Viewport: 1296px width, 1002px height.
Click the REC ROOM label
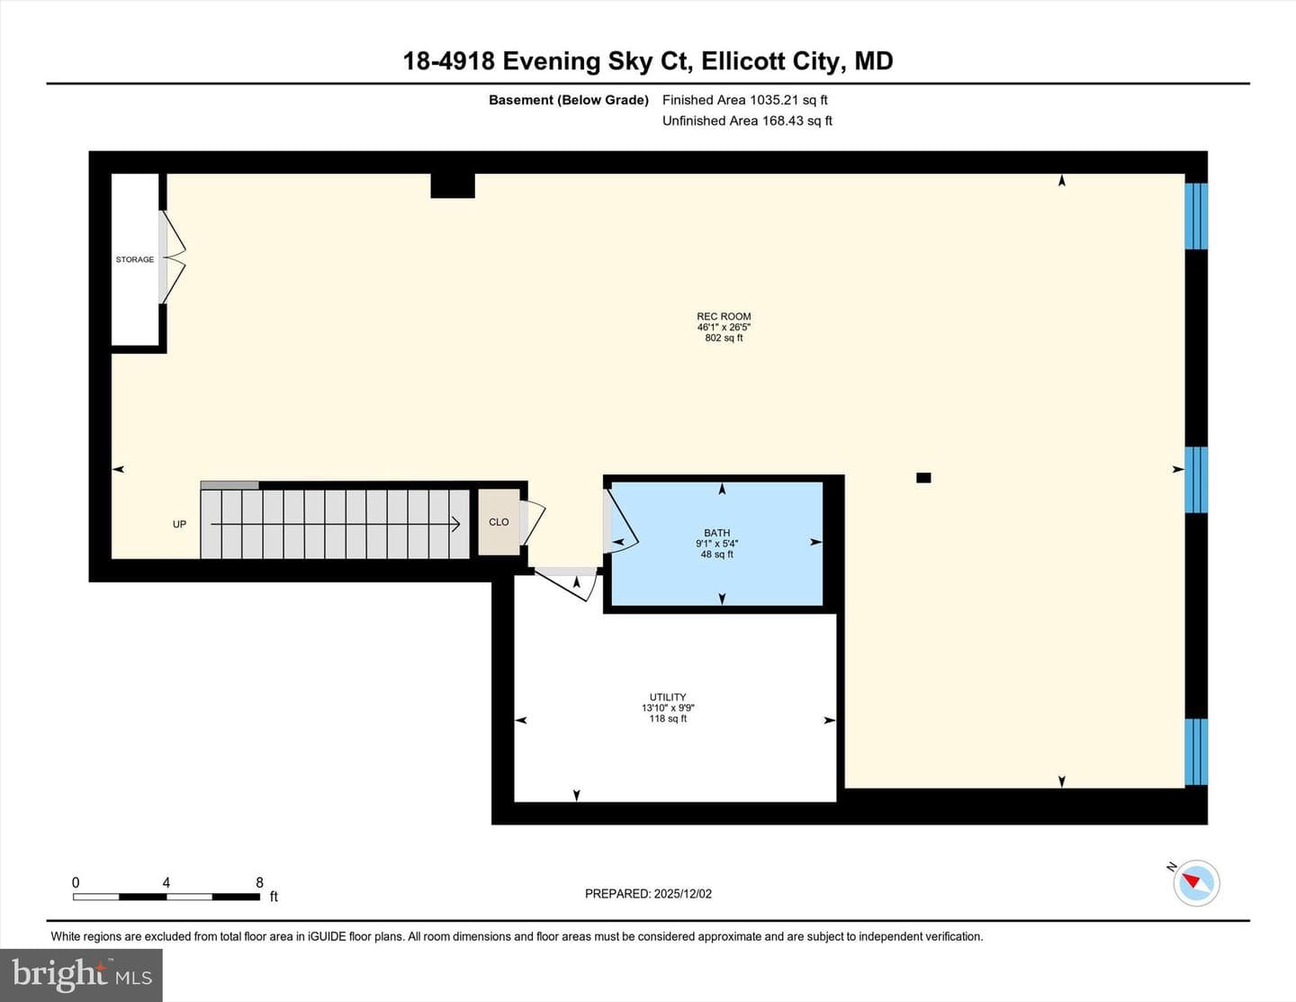(x=724, y=316)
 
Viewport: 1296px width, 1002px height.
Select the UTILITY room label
(x=668, y=697)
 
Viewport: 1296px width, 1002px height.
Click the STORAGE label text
(x=135, y=259)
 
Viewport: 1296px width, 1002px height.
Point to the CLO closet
(x=499, y=522)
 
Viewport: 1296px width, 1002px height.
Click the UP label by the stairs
(x=179, y=524)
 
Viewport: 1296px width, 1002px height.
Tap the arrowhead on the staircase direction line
(x=455, y=524)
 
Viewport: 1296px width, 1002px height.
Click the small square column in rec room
(x=923, y=477)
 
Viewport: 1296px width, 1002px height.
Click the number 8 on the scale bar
(x=259, y=882)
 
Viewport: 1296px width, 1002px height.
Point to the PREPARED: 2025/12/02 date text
(x=648, y=893)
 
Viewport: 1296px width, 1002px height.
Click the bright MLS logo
(x=81, y=976)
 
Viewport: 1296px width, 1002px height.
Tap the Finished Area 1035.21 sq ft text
(x=745, y=100)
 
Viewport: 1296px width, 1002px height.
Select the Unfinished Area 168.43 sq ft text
(x=747, y=121)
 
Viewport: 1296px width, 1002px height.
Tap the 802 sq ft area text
(x=724, y=339)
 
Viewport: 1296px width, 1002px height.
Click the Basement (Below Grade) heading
(x=569, y=100)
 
